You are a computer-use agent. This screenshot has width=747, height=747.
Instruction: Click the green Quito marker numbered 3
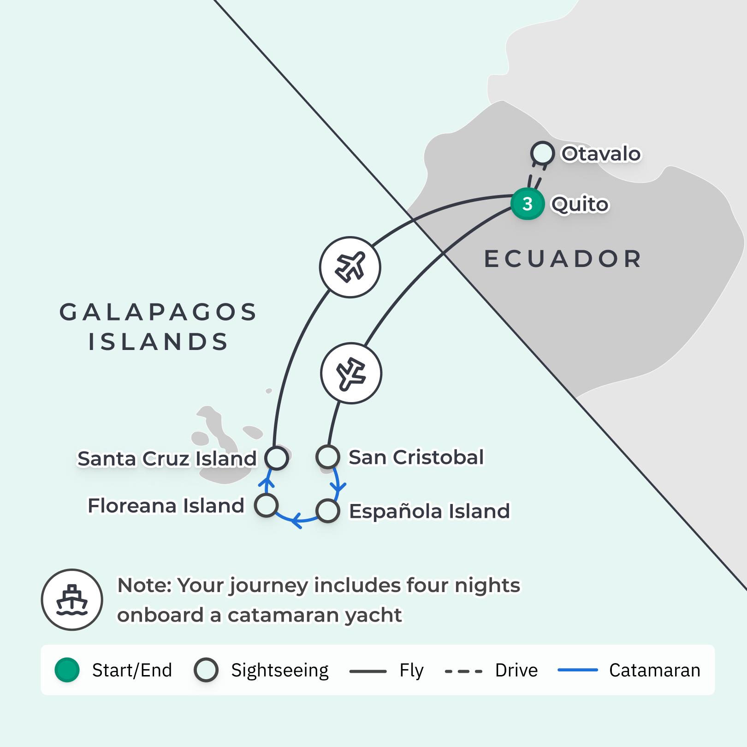pos(528,204)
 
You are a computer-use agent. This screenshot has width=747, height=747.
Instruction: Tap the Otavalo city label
pos(601,154)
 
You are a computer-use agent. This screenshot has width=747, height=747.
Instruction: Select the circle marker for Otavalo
pos(542,153)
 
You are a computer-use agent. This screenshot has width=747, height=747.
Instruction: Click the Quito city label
pos(580,204)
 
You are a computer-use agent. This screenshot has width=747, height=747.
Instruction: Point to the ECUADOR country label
pos(563,259)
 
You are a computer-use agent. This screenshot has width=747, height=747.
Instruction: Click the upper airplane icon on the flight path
pos(350,267)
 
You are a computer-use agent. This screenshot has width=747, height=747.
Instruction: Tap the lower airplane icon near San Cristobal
pos(351,373)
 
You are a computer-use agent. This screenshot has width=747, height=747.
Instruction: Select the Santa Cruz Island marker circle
pos(277,458)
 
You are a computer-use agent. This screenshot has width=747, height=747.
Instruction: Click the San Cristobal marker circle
pos(328,457)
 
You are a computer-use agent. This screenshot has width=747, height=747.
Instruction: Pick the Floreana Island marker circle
pos(267,505)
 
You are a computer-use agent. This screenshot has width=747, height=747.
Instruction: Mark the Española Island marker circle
pos(328,511)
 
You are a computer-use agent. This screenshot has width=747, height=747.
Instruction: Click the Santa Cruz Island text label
pos(166,459)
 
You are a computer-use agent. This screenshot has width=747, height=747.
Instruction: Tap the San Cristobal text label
pos(416,457)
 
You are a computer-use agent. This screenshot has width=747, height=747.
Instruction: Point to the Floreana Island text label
pos(166,506)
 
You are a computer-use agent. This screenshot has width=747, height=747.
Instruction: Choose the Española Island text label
pos(429,511)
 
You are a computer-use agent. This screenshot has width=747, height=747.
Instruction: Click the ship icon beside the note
pos(72,600)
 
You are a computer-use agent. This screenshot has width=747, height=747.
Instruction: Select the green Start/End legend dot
pos(67,670)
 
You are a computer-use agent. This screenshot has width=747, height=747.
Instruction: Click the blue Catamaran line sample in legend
pos(578,670)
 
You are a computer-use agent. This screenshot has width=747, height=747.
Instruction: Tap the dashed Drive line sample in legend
pos(463,671)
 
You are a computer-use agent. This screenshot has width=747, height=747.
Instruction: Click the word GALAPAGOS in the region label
pos(158,313)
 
